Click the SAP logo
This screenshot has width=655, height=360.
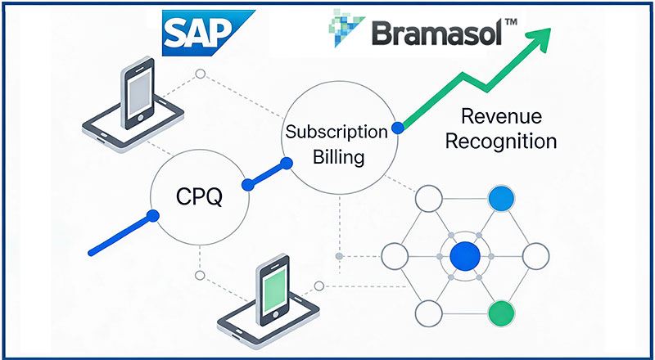click(208, 33)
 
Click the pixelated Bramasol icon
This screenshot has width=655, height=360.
click(346, 28)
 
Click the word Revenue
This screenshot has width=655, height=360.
click(501, 116)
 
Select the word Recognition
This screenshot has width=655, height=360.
click(501, 142)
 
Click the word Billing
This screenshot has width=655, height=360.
click(339, 157)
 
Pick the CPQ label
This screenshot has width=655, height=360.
click(199, 196)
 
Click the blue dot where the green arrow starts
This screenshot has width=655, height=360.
click(398, 128)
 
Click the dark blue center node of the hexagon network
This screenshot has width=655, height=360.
click(465, 256)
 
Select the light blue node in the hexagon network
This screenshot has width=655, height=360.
click(501, 199)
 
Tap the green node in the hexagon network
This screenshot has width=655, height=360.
click(501, 313)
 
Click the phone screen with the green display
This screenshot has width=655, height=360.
click(274, 289)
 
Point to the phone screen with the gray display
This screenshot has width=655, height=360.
click(139, 92)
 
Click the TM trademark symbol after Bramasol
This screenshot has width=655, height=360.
click(509, 22)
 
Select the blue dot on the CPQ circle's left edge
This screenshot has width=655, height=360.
click(153, 216)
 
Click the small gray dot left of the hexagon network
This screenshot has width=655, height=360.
click(340, 256)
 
